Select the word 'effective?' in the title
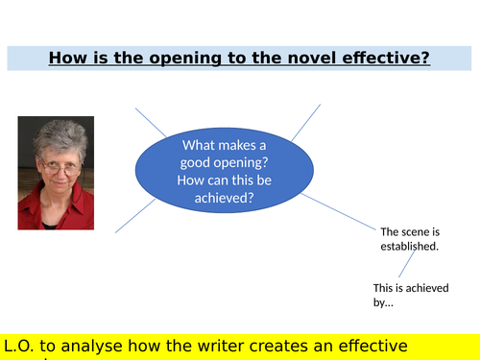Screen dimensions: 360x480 pos(383,59)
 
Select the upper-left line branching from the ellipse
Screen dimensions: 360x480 pos(151,123)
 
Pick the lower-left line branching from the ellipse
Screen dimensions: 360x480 pos(135,216)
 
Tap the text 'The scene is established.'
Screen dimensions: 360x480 pos(410,239)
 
